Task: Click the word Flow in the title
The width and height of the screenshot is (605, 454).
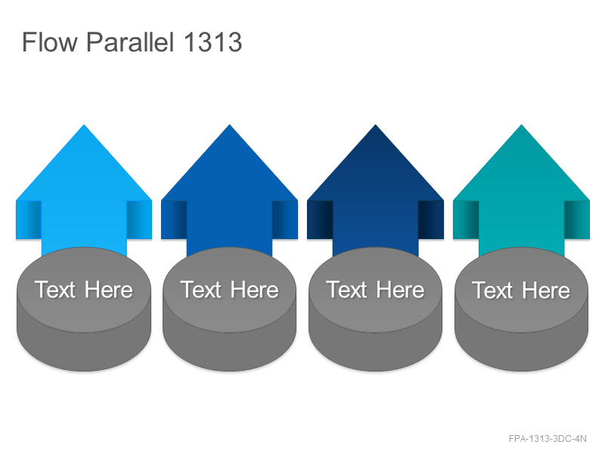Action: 50,42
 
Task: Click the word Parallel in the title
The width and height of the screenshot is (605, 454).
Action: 130,42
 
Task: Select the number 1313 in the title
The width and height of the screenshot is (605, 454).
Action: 213,42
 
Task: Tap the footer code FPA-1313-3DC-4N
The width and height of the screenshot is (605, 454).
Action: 548,439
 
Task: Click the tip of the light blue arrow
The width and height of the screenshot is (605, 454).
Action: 84,125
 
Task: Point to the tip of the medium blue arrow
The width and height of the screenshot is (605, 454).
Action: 230,125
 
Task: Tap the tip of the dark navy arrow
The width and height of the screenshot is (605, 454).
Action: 375,125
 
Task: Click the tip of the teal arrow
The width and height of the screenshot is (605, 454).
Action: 521,125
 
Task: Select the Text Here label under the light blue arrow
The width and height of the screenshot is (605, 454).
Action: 84,290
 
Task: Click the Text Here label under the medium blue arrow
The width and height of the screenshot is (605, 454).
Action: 230,290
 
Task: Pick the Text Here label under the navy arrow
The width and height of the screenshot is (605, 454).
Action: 375,290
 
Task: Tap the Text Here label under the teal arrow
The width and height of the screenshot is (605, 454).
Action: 521,290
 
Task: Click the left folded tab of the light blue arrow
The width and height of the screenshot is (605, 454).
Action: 29,219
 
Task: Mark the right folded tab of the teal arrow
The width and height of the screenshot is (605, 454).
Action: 577,219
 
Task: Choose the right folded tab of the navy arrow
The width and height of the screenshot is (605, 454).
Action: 431,219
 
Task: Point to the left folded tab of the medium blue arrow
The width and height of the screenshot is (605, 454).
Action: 174,219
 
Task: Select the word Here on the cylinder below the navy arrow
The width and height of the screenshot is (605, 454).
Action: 401,290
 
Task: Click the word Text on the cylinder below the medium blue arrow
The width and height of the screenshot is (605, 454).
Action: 200,290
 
